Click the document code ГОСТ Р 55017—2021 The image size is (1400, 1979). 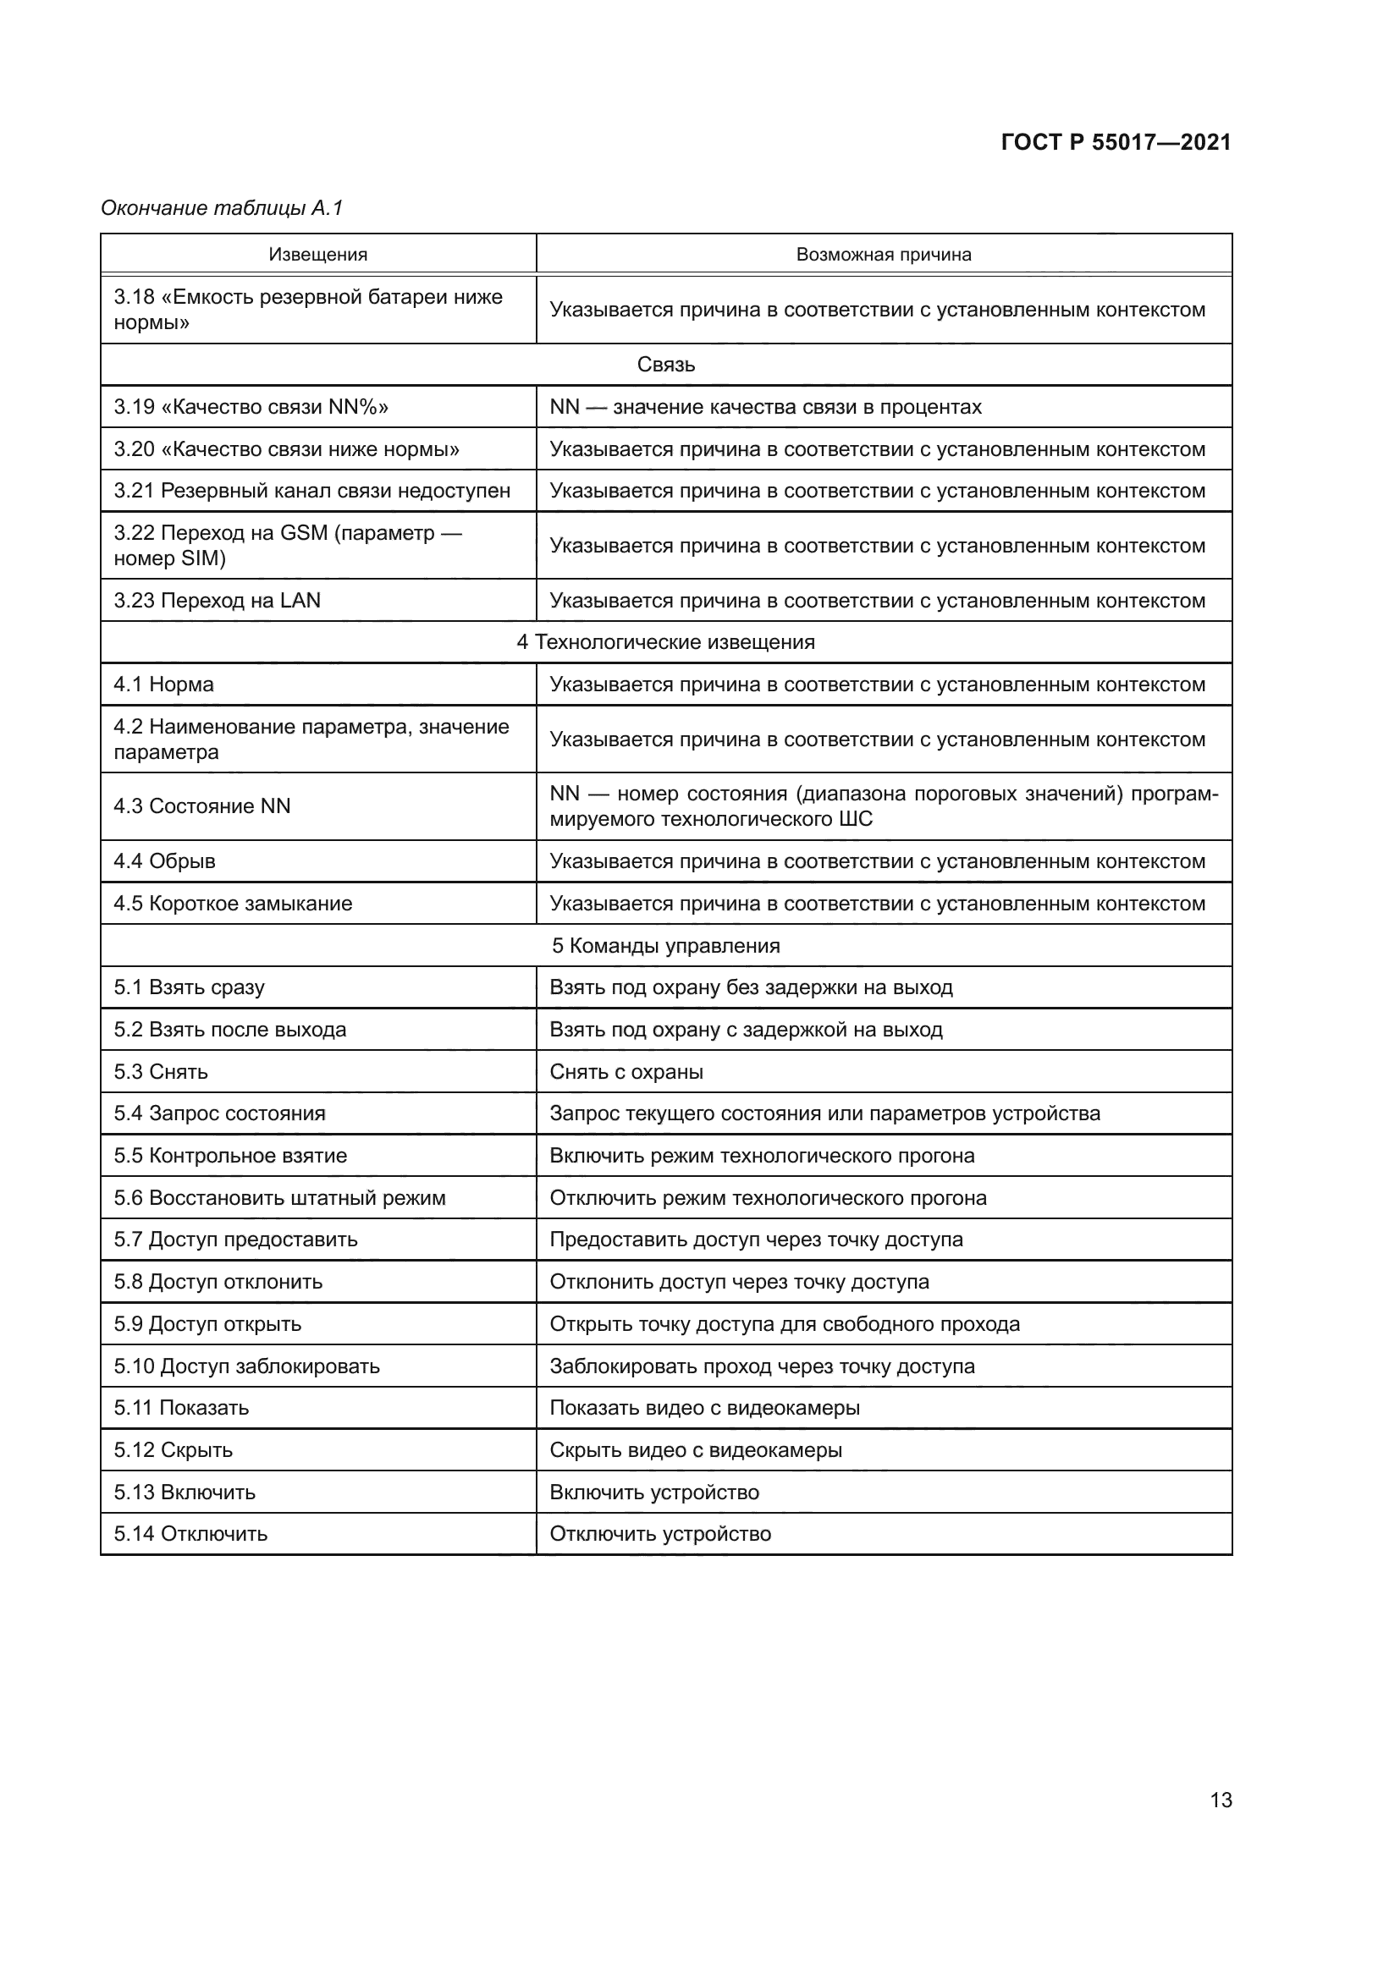pyautogui.click(x=1116, y=142)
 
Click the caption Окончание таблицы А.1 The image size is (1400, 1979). pyautogui.click(x=222, y=208)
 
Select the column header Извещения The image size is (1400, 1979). pyautogui.click(x=318, y=255)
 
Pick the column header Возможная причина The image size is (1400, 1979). pyautogui.click(x=884, y=255)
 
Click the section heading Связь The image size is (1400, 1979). pyautogui.click(x=665, y=365)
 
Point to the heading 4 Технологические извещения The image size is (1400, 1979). pyautogui.click(x=665, y=642)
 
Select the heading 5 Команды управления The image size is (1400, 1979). pyautogui.click(x=665, y=946)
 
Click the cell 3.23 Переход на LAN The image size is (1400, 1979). pyautogui.click(x=218, y=600)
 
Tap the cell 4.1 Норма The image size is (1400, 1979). pyautogui.click(x=164, y=684)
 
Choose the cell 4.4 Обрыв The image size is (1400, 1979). pyautogui.click(x=165, y=861)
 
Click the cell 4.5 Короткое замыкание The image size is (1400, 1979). pyautogui.click(x=233, y=904)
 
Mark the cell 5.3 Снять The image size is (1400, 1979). pyautogui.click(x=161, y=1071)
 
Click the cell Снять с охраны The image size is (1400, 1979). pyautogui.click(x=626, y=1071)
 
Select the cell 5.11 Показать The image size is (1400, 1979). pyautogui.click(x=181, y=1408)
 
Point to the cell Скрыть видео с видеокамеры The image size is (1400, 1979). pyautogui.click(x=696, y=1450)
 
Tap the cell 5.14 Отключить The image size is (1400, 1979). pyautogui.click(x=190, y=1533)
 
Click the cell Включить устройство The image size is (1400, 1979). pyautogui.click(x=654, y=1492)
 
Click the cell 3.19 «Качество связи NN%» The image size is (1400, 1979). pyautogui.click(x=251, y=407)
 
